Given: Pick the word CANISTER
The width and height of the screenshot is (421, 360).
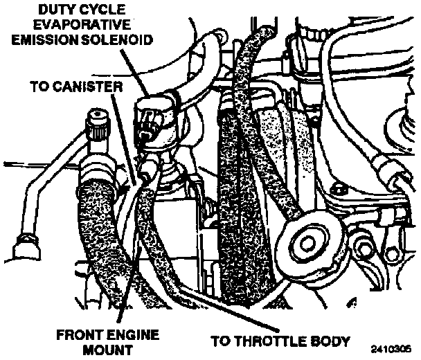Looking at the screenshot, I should [91, 87].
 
